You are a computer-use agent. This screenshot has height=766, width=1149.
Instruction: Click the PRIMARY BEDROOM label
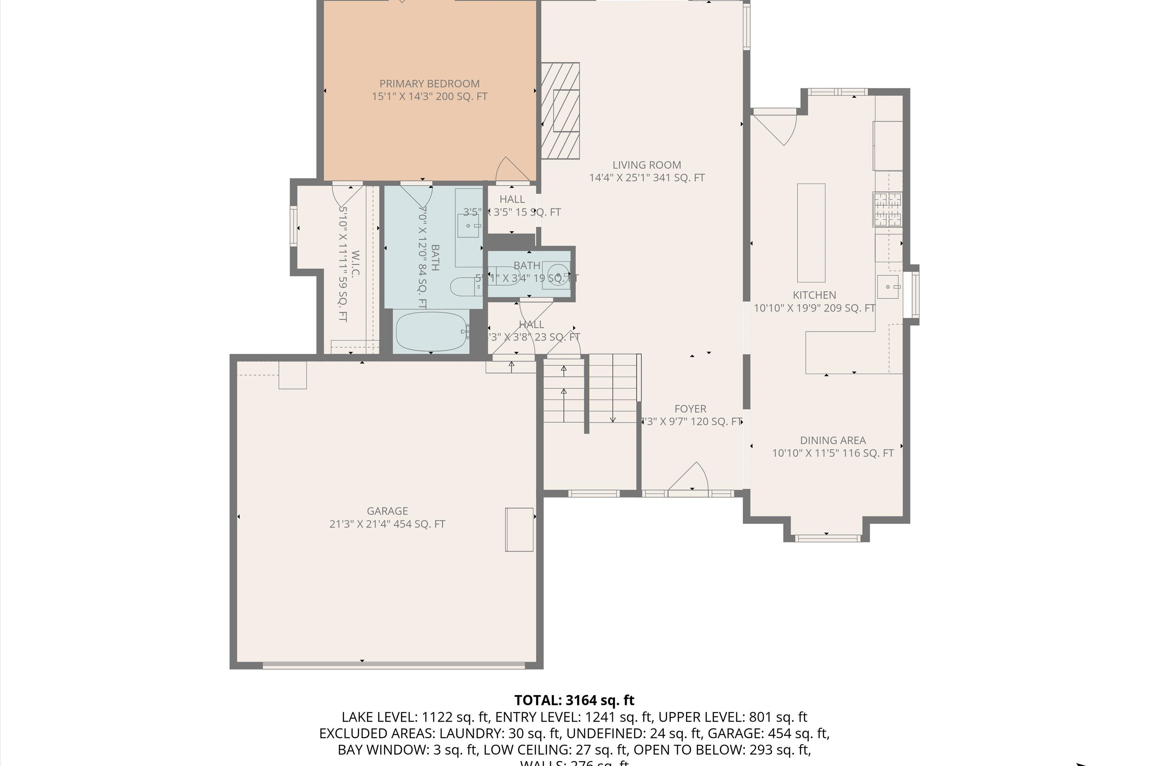coord(429,83)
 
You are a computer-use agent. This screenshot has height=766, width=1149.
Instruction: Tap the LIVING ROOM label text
coord(647,165)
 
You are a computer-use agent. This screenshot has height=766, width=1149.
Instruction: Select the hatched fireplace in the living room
coord(560,111)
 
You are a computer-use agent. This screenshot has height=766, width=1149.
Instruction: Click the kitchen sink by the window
coord(888,287)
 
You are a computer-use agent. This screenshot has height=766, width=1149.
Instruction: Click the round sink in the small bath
coord(557,270)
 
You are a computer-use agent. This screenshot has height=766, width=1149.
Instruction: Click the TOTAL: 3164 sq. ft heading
coord(574,701)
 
